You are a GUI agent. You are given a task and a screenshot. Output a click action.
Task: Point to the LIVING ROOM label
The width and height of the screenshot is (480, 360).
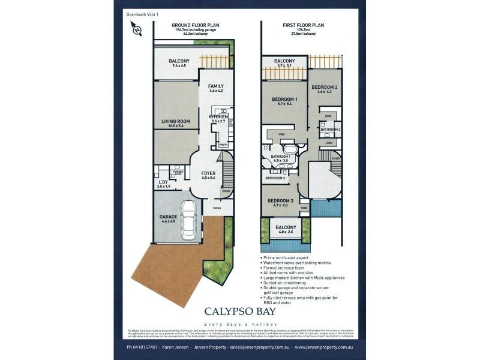pyautogui.click(x=176, y=122)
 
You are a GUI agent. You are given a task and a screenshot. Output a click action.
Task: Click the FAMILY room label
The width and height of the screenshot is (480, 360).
pyautogui.click(x=215, y=86)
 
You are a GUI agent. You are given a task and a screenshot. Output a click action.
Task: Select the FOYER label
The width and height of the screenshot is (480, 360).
pyautogui.click(x=208, y=173)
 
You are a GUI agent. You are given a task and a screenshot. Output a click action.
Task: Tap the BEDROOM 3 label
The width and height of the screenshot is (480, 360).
pyautogui.click(x=280, y=200)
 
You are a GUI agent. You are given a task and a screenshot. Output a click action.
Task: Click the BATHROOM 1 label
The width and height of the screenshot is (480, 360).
pyautogui.click(x=281, y=157)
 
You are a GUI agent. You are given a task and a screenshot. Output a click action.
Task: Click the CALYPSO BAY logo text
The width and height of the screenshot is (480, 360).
pyautogui.click(x=240, y=311)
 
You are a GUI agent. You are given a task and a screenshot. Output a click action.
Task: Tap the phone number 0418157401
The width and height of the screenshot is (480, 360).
pyautogui.click(x=142, y=347)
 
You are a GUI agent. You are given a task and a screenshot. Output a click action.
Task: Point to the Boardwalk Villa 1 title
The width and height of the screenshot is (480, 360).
pyautogui.click(x=143, y=13)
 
